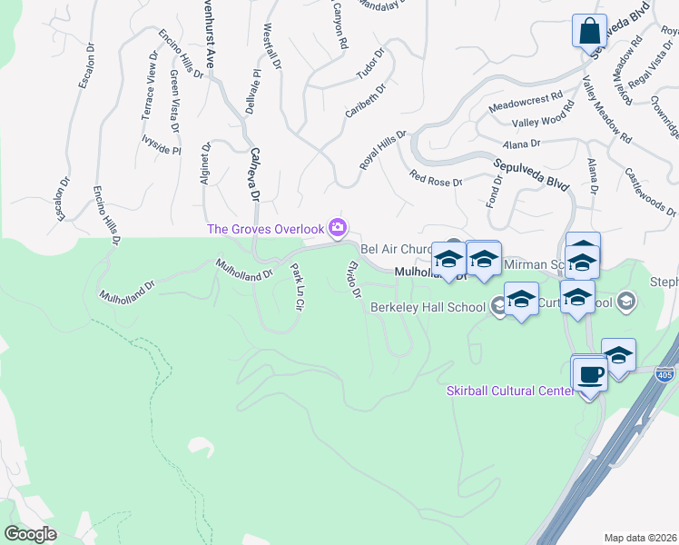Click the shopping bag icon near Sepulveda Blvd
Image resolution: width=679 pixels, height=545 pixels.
point(589,30)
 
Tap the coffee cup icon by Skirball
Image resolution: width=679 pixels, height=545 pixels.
point(589,373)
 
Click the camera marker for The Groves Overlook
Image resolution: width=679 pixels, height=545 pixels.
point(339,226)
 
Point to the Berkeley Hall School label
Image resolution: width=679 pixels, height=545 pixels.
point(427,307)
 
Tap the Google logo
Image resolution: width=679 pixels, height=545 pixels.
point(30,534)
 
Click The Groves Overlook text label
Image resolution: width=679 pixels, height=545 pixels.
point(267,229)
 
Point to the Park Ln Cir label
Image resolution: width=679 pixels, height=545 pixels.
point(295,287)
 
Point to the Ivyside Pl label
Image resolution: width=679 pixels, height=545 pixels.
point(162,144)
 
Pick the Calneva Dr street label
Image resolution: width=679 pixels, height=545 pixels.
point(254,175)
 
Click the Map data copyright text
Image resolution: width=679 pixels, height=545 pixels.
point(641,535)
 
